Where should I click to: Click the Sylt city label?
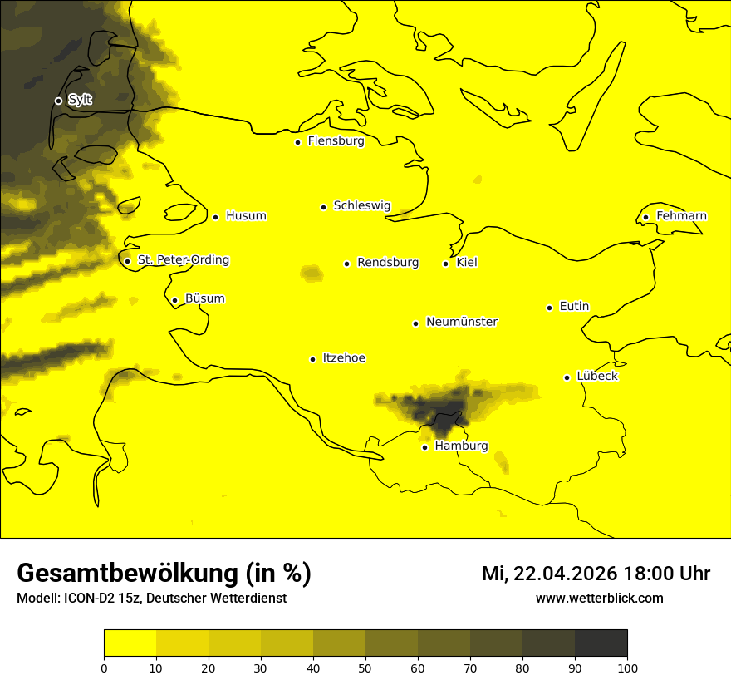(80, 100)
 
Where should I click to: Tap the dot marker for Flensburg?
(297, 142)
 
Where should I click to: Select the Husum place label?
(246, 216)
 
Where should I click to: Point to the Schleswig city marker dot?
(323, 207)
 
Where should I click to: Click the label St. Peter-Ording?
(184, 260)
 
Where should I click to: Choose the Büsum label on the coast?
(204, 298)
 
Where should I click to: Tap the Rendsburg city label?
(388, 263)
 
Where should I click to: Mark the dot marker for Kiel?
(445, 264)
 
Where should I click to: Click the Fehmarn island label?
(681, 216)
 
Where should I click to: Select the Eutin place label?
(574, 307)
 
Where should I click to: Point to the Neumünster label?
(462, 322)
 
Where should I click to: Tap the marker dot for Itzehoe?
(312, 359)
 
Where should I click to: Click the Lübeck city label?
(596, 376)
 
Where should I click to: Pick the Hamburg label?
(461, 446)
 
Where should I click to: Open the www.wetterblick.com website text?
(599, 598)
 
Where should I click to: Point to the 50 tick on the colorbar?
(365, 667)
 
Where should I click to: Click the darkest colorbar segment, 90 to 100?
(601, 643)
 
